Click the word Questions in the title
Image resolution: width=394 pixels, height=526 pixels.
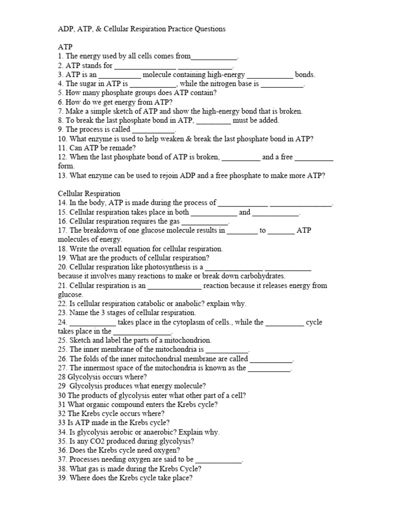click(209, 29)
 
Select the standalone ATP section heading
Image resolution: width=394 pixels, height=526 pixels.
click(65, 47)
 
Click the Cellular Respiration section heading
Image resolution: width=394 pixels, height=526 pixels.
click(89, 194)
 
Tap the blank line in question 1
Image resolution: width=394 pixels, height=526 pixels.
click(214, 57)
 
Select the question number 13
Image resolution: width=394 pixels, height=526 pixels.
click(62, 176)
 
